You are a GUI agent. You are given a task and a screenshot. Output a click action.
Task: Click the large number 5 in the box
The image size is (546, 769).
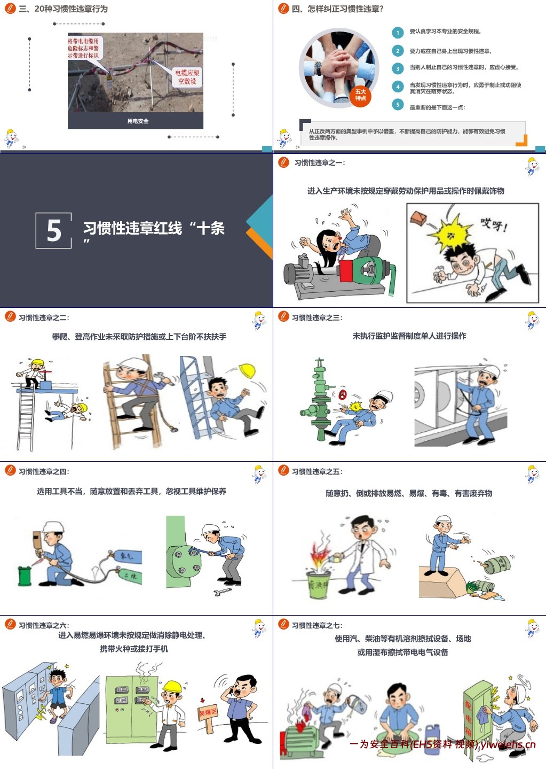53,230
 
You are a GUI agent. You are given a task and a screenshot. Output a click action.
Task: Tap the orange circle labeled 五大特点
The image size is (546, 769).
361,95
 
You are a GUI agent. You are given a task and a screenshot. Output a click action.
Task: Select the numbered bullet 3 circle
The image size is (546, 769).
398,68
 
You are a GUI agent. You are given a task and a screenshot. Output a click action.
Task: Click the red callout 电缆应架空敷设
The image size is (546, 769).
187,76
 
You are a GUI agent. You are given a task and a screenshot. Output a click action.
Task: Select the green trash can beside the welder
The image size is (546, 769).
25,576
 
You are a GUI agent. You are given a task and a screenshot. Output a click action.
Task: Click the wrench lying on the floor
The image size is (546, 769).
222,592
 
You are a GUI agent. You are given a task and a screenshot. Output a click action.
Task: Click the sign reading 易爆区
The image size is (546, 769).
208,712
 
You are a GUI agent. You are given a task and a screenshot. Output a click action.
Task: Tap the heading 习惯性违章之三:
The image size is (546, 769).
317,317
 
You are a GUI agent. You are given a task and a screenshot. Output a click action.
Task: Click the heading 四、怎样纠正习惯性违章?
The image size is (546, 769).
337,9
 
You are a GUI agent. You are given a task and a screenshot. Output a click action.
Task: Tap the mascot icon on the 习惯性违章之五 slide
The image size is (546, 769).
532,474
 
